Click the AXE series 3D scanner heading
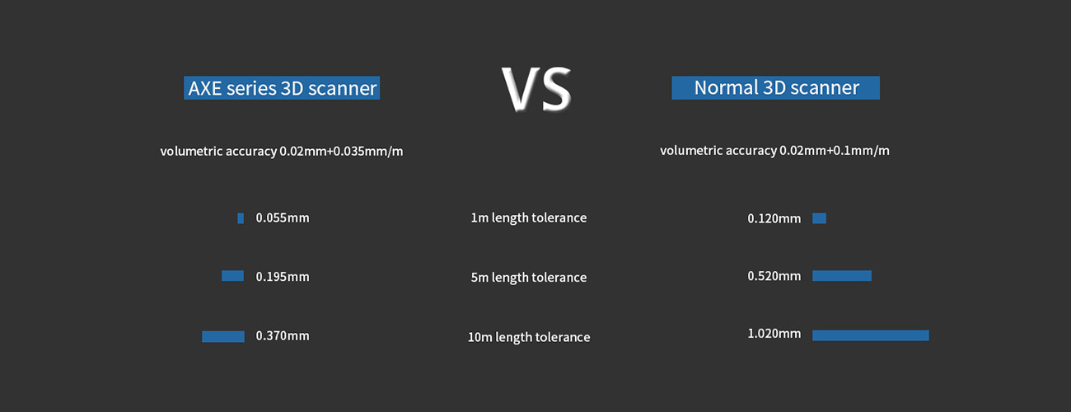[x=282, y=88]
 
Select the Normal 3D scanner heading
[x=775, y=88]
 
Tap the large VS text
[x=536, y=89]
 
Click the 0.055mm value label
[x=283, y=218]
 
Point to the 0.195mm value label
[x=283, y=277]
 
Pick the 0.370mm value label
[x=283, y=336]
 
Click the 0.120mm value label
[x=774, y=218]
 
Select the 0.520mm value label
[x=774, y=276]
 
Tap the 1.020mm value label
[x=774, y=334]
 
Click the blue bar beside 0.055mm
[x=241, y=218]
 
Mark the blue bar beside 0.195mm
[x=232, y=276]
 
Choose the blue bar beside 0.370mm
[x=222, y=336]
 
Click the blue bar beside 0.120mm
[x=819, y=218]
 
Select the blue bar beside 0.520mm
[x=842, y=276]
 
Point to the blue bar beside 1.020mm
[x=871, y=335]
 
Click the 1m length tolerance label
[x=529, y=218]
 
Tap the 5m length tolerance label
[x=529, y=277]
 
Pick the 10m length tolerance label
[x=529, y=337]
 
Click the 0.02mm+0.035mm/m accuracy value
[x=341, y=152]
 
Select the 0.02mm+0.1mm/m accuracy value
[x=835, y=151]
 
